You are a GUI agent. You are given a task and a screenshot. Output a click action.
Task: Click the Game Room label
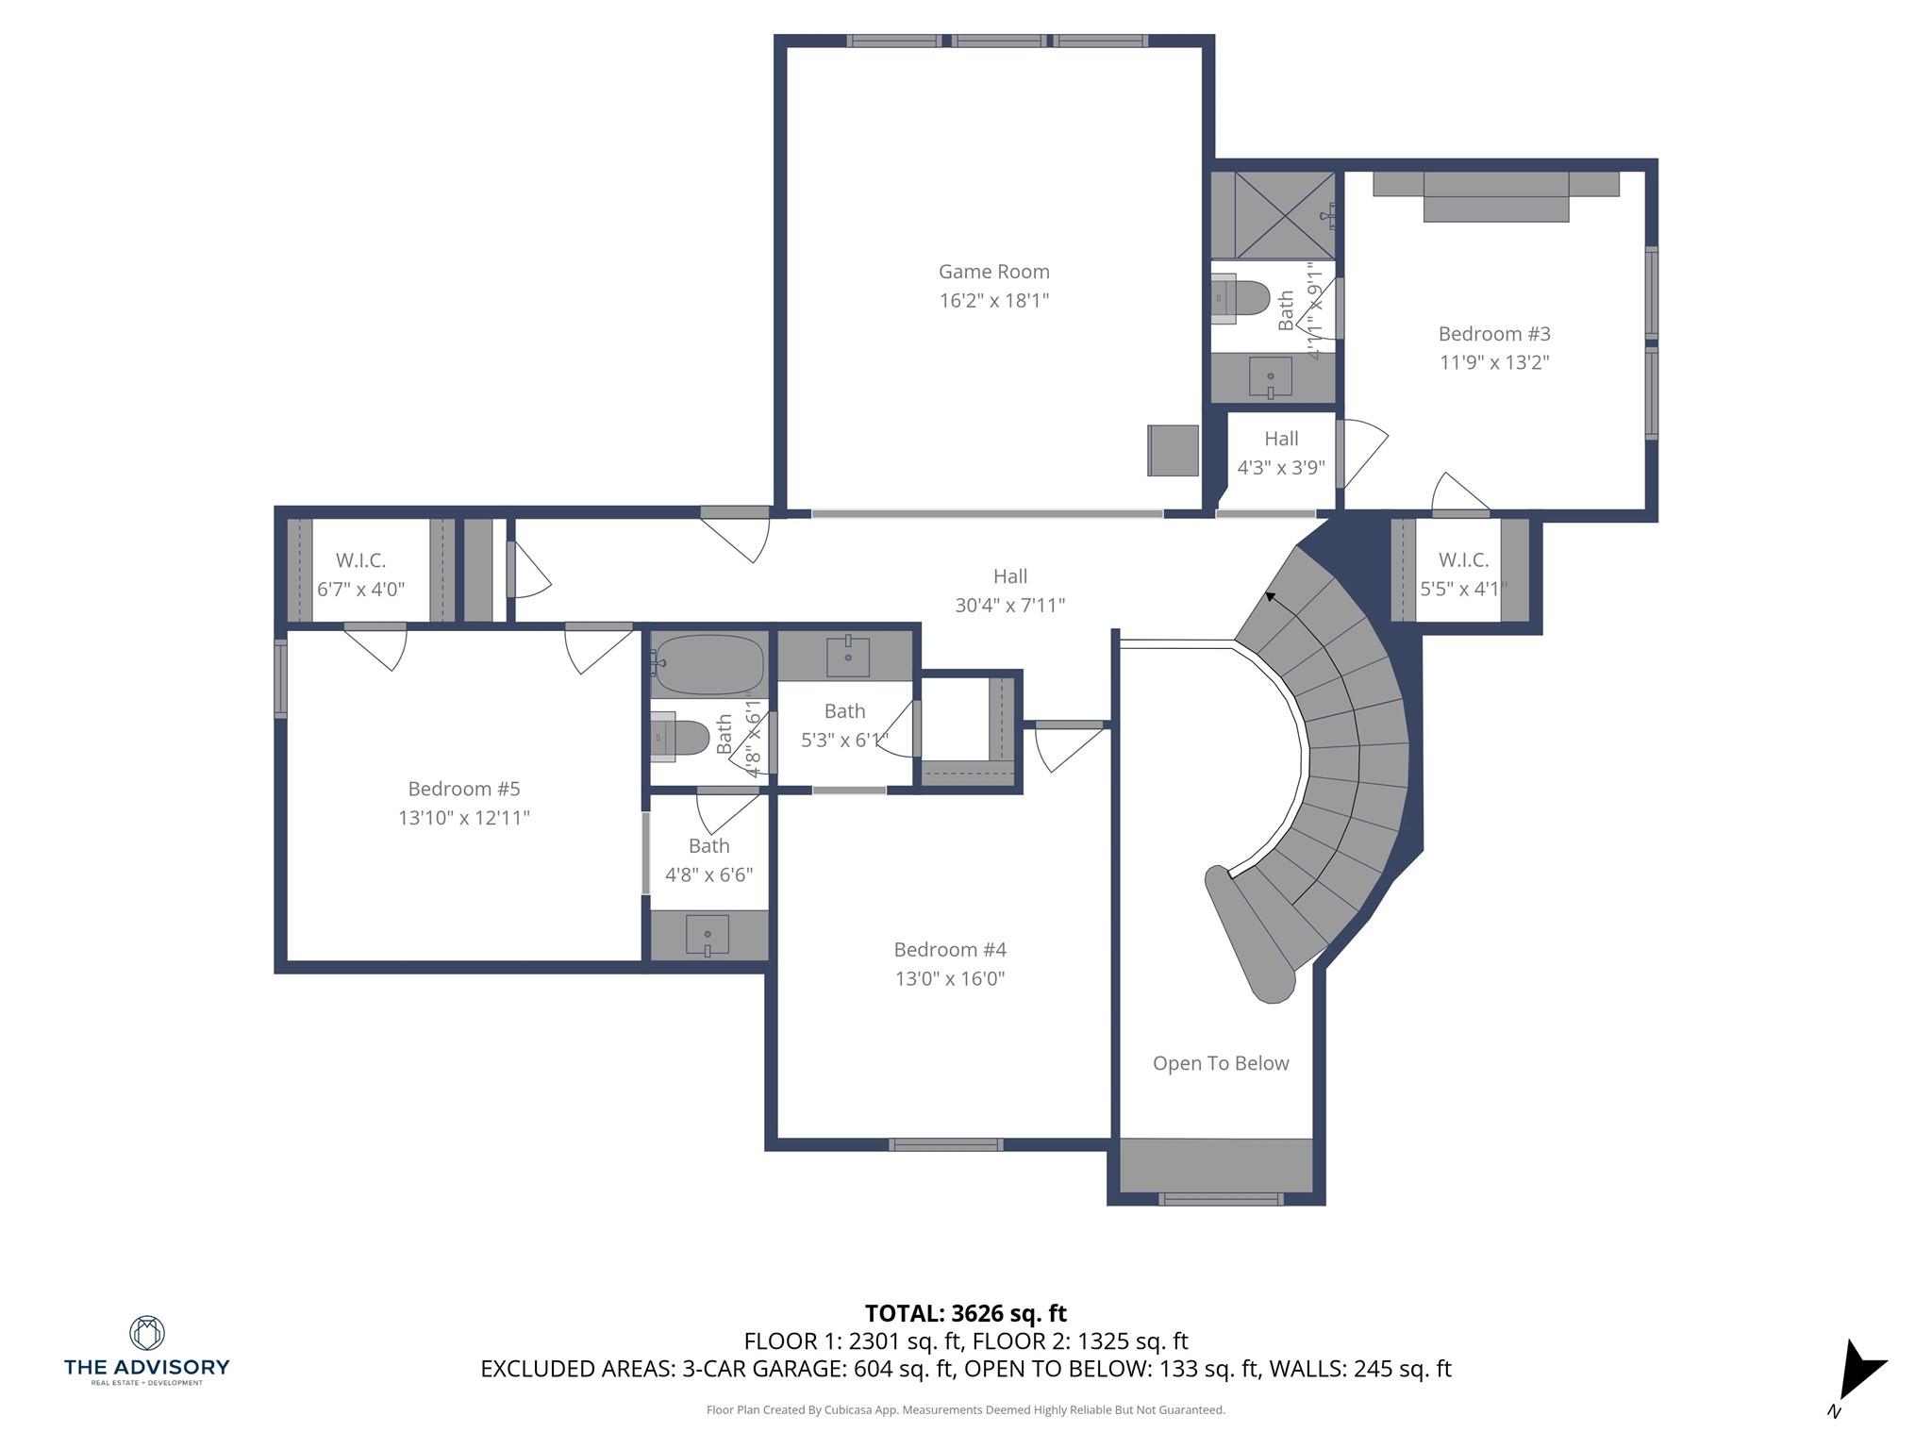(x=993, y=272)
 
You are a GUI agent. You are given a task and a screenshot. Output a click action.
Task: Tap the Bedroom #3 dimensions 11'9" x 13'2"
(x=1494, y=362)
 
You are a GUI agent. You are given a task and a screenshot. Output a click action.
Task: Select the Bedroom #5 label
(x=463, y=789)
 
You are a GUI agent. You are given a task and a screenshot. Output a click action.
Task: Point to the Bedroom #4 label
(x=950, y=950)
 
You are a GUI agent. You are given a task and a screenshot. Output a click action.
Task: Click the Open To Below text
(x=1220, y=1063)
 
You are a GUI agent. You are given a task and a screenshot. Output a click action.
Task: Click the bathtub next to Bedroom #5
(x=709, y=663)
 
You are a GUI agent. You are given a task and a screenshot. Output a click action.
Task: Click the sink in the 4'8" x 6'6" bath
(x=708, y=935)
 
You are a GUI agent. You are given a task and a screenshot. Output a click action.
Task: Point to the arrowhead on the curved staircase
(x=1271, y=596)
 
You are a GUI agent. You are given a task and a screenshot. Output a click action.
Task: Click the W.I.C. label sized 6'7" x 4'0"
(x=360, y=560)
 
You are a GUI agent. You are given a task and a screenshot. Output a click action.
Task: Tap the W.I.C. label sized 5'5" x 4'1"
(x=1463, y=560)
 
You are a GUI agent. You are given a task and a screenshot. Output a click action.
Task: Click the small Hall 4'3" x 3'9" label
(x=1281, y=439)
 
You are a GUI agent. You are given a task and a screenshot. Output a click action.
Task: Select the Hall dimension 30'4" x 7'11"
(x=1009, y=606)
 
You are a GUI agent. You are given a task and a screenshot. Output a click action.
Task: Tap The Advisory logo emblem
(x=146, y=1333)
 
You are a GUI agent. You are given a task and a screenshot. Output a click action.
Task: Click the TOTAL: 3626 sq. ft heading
(x=965, y=1313)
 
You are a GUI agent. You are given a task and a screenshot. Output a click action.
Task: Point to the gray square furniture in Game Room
(x=1174, y=450)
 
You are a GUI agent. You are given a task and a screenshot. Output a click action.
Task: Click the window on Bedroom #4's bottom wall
(x=945, y=1144)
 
